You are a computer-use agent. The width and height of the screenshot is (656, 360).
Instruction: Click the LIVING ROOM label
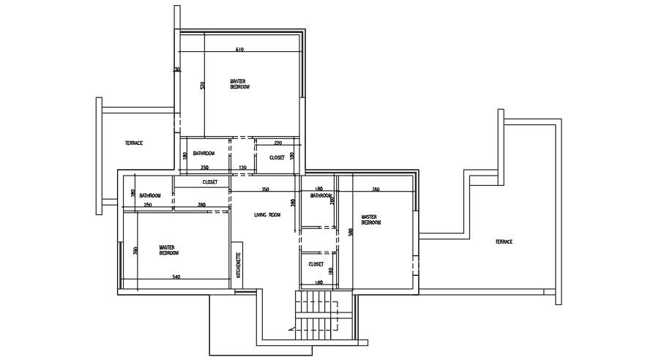267,215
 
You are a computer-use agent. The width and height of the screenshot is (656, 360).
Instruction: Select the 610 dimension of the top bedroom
239,49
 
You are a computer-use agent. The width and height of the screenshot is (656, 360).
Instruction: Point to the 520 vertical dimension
203,86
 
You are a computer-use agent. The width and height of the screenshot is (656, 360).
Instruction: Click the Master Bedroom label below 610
239,84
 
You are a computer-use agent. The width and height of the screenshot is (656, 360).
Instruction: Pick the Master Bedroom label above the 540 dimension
168,250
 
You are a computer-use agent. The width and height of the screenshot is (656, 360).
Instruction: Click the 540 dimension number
176,277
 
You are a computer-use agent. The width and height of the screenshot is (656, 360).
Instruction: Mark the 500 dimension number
351,232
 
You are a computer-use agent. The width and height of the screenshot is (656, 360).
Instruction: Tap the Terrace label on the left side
133,143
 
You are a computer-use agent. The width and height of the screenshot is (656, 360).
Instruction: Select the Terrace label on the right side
503,241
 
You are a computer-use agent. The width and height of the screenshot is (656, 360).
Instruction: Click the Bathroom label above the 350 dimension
204,153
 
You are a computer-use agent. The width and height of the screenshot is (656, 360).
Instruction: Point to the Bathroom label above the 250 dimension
150,195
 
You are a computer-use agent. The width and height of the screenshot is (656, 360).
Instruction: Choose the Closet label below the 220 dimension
277,157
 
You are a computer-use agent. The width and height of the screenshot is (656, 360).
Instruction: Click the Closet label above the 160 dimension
316,264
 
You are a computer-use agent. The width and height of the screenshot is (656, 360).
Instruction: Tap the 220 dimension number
277,143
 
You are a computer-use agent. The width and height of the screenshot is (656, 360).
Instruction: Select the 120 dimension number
242,168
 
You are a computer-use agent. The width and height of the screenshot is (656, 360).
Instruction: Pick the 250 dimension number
147,205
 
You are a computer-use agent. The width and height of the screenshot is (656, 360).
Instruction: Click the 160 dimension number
318,282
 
